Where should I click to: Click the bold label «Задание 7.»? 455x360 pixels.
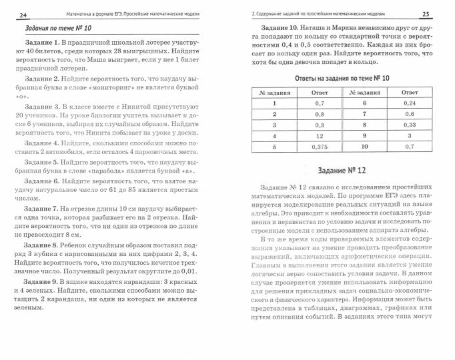tap(41, 209)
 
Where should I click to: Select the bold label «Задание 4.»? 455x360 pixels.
tap(41, 143)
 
